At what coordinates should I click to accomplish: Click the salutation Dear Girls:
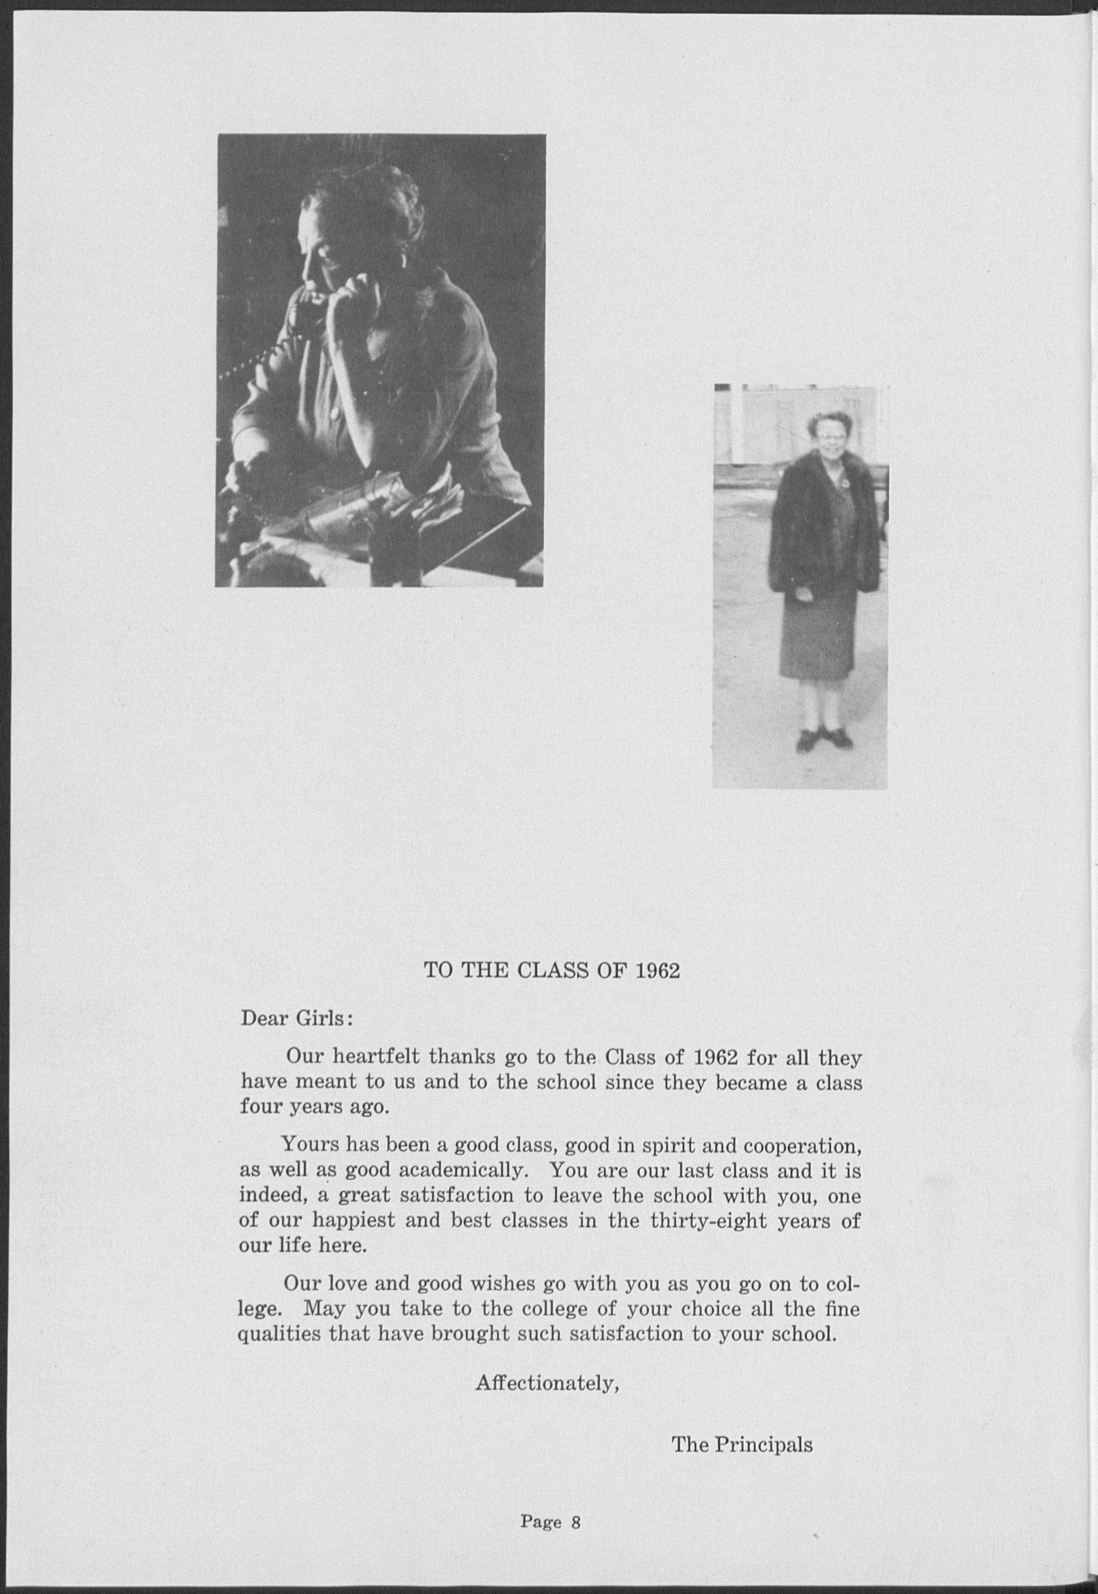(x=296, y=1018)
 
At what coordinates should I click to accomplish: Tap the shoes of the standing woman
(x=824, y=739)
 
